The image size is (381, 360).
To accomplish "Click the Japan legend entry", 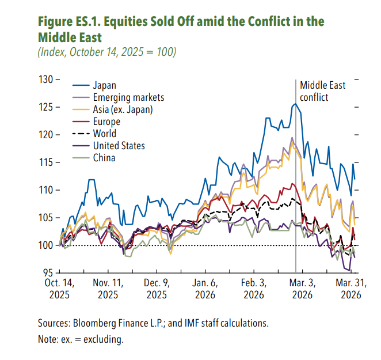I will click(104, 85).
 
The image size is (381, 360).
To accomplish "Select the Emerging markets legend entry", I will click(128, 97).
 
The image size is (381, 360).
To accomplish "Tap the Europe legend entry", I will click(106, 122).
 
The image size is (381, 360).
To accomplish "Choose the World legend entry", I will click(104, 134).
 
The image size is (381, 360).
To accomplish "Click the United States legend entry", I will click(119, 146).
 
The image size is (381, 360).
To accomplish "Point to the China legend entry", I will click(104, 158).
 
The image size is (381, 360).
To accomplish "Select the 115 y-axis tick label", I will click(46, 162).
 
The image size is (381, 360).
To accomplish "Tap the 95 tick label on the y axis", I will click(48, 272).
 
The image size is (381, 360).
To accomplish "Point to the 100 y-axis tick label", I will click(46, 245).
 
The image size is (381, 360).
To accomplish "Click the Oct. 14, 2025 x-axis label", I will click(59, 289).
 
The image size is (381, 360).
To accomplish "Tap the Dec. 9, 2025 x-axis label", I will click(157, 289).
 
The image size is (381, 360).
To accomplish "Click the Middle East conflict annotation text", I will click(322, 91).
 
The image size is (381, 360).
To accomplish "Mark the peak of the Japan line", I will click(295, 104).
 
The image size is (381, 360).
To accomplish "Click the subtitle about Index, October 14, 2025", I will click(107, 52).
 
